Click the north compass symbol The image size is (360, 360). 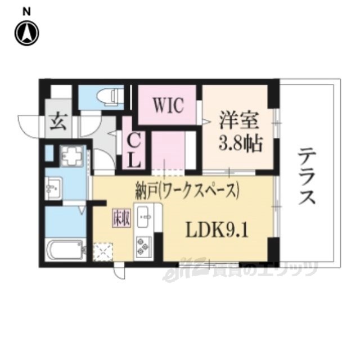26,34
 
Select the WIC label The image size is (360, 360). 167,106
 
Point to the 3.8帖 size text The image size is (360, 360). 239,145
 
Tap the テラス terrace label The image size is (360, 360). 307,175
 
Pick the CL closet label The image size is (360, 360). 134,150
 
